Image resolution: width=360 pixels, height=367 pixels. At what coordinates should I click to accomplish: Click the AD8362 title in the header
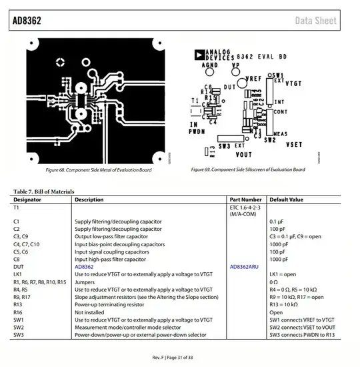(x=27, y=21)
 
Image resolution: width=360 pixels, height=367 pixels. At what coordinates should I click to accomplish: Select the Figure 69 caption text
(x=248, y=169)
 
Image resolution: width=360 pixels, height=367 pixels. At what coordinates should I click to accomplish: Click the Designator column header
(x=27, y=199)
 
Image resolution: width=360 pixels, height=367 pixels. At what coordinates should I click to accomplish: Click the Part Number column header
(x=245, y=199)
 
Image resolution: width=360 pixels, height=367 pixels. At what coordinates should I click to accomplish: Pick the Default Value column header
(x=286, y=199)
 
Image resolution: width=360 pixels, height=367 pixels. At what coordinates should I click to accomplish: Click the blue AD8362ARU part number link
(x=247, y=266)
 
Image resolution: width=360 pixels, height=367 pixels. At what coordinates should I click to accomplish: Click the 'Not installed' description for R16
(x=89, y=312)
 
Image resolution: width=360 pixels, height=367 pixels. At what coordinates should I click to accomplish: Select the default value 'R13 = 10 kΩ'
(x=285, y=304)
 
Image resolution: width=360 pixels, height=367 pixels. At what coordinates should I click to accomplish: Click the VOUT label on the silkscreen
(x=244, y=154)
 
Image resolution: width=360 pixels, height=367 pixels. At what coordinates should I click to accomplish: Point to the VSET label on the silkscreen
(x=294, y=144)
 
